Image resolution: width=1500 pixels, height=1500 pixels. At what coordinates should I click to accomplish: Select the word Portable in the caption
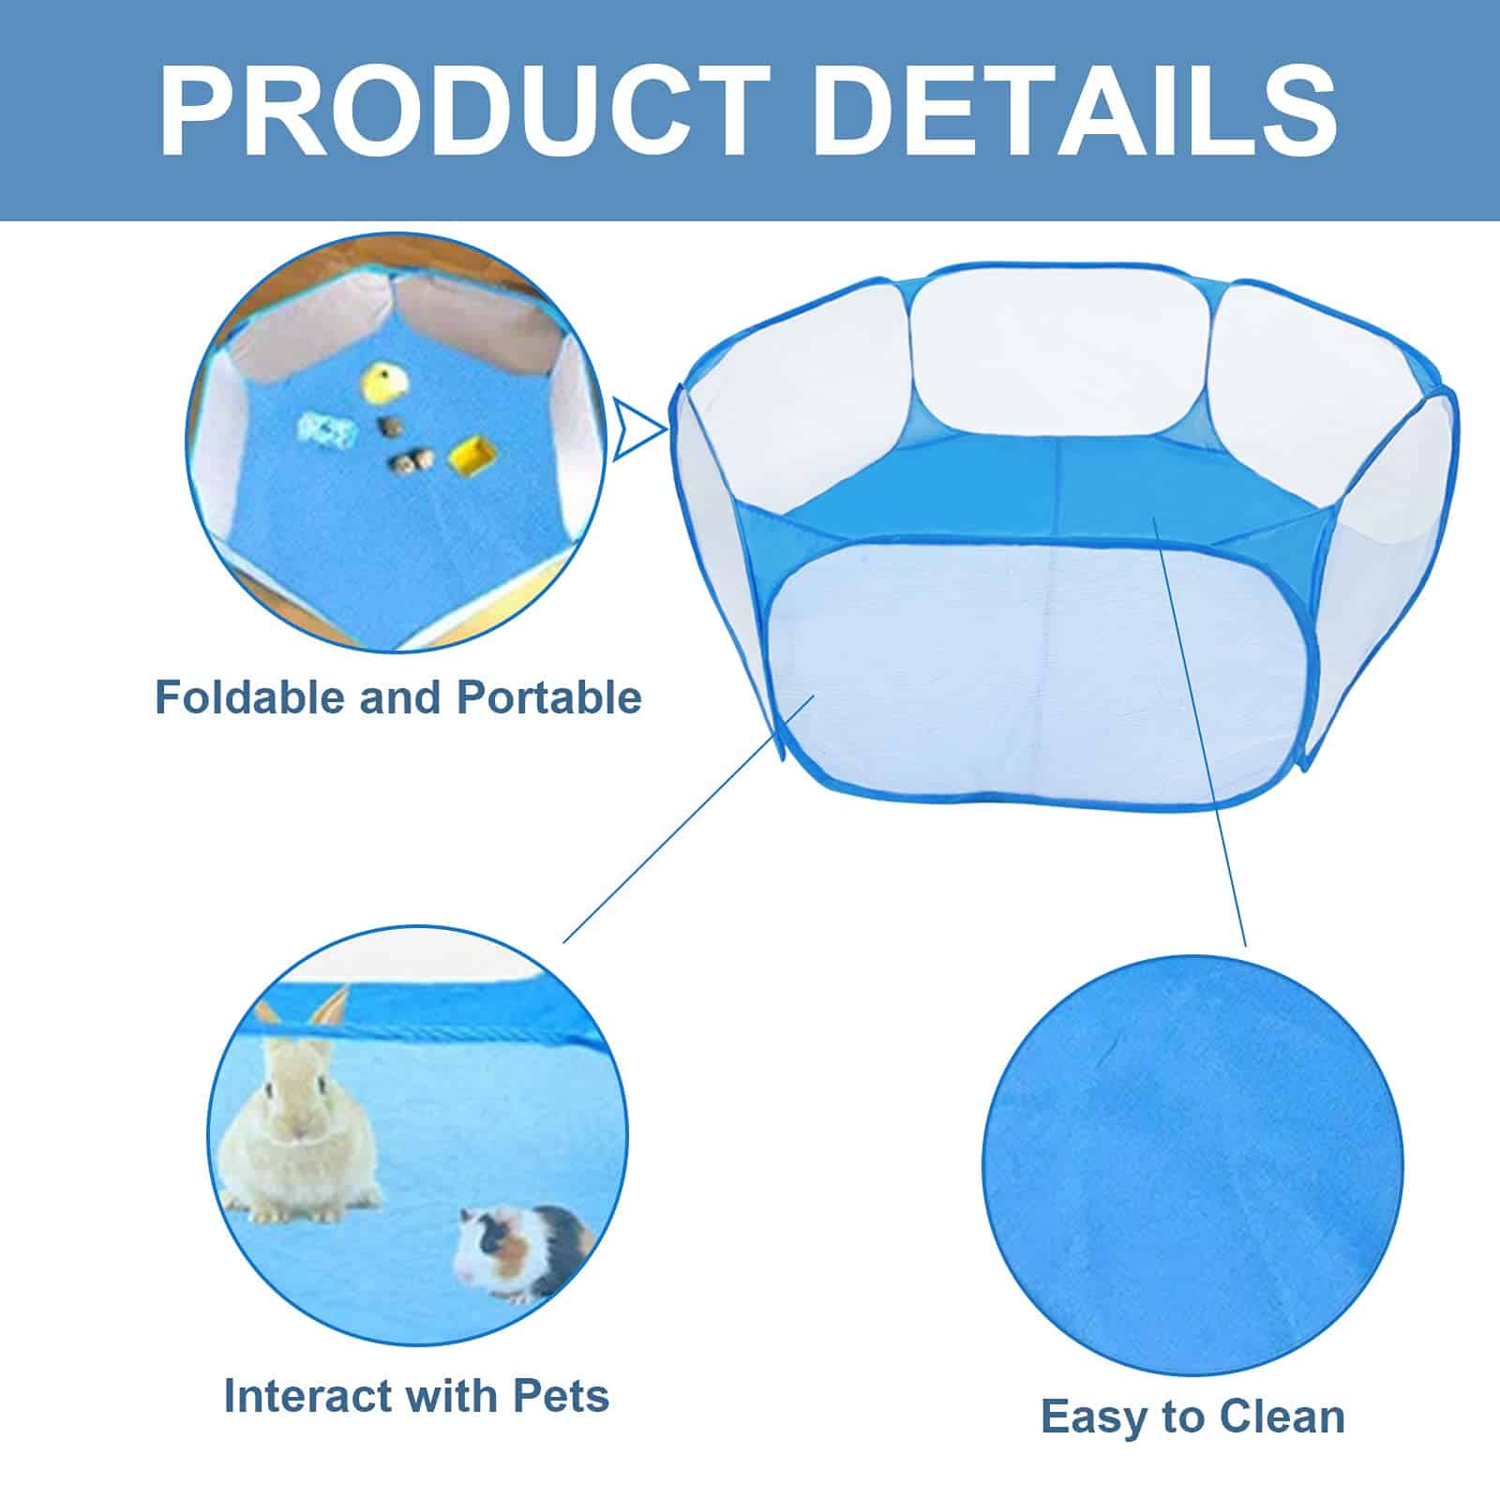coord(549,697)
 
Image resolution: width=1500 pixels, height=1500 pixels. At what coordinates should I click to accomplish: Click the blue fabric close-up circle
coord(1192,1166)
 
